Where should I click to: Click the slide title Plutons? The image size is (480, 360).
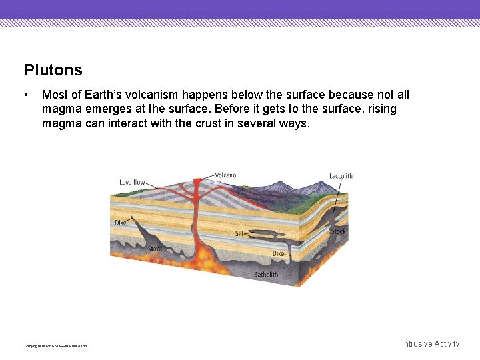click(x=53, y=70)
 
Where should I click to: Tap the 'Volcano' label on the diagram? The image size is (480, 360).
click(x=225, y=175)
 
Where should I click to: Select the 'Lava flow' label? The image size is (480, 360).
click(x=132, y=182)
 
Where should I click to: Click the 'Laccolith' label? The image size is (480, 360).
click(x=341, y=176)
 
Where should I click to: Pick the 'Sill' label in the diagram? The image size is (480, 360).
click(x=239, y=234)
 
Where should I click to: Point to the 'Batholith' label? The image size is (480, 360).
click(x=266, y=274)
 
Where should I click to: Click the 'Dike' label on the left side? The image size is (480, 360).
click(x=120, y=223)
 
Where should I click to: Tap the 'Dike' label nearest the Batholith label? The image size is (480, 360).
click(x=278, y=253)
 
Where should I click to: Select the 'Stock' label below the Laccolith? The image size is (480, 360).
click(x=338, y=231)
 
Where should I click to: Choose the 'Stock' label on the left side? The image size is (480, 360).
click(x=155, y=249)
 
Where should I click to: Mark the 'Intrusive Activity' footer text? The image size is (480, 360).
click(x=430, y=344)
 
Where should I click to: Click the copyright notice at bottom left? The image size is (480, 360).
click(x=55, y=345)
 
